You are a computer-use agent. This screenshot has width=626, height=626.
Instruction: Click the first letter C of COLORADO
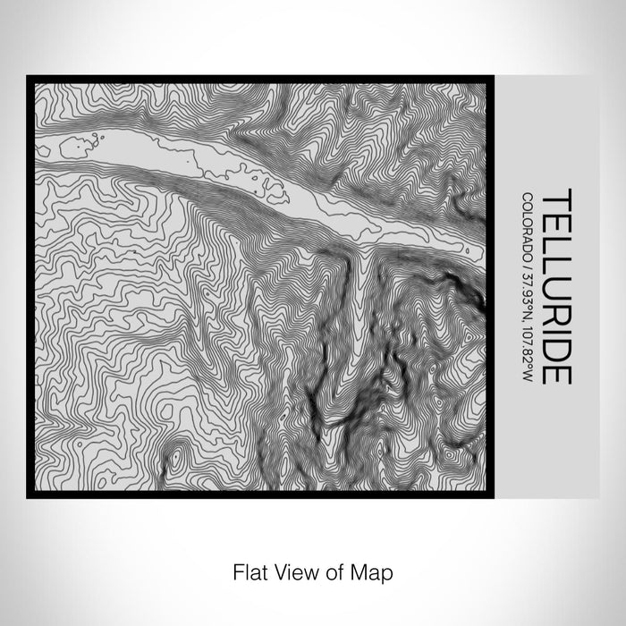click(x=529, y=199)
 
